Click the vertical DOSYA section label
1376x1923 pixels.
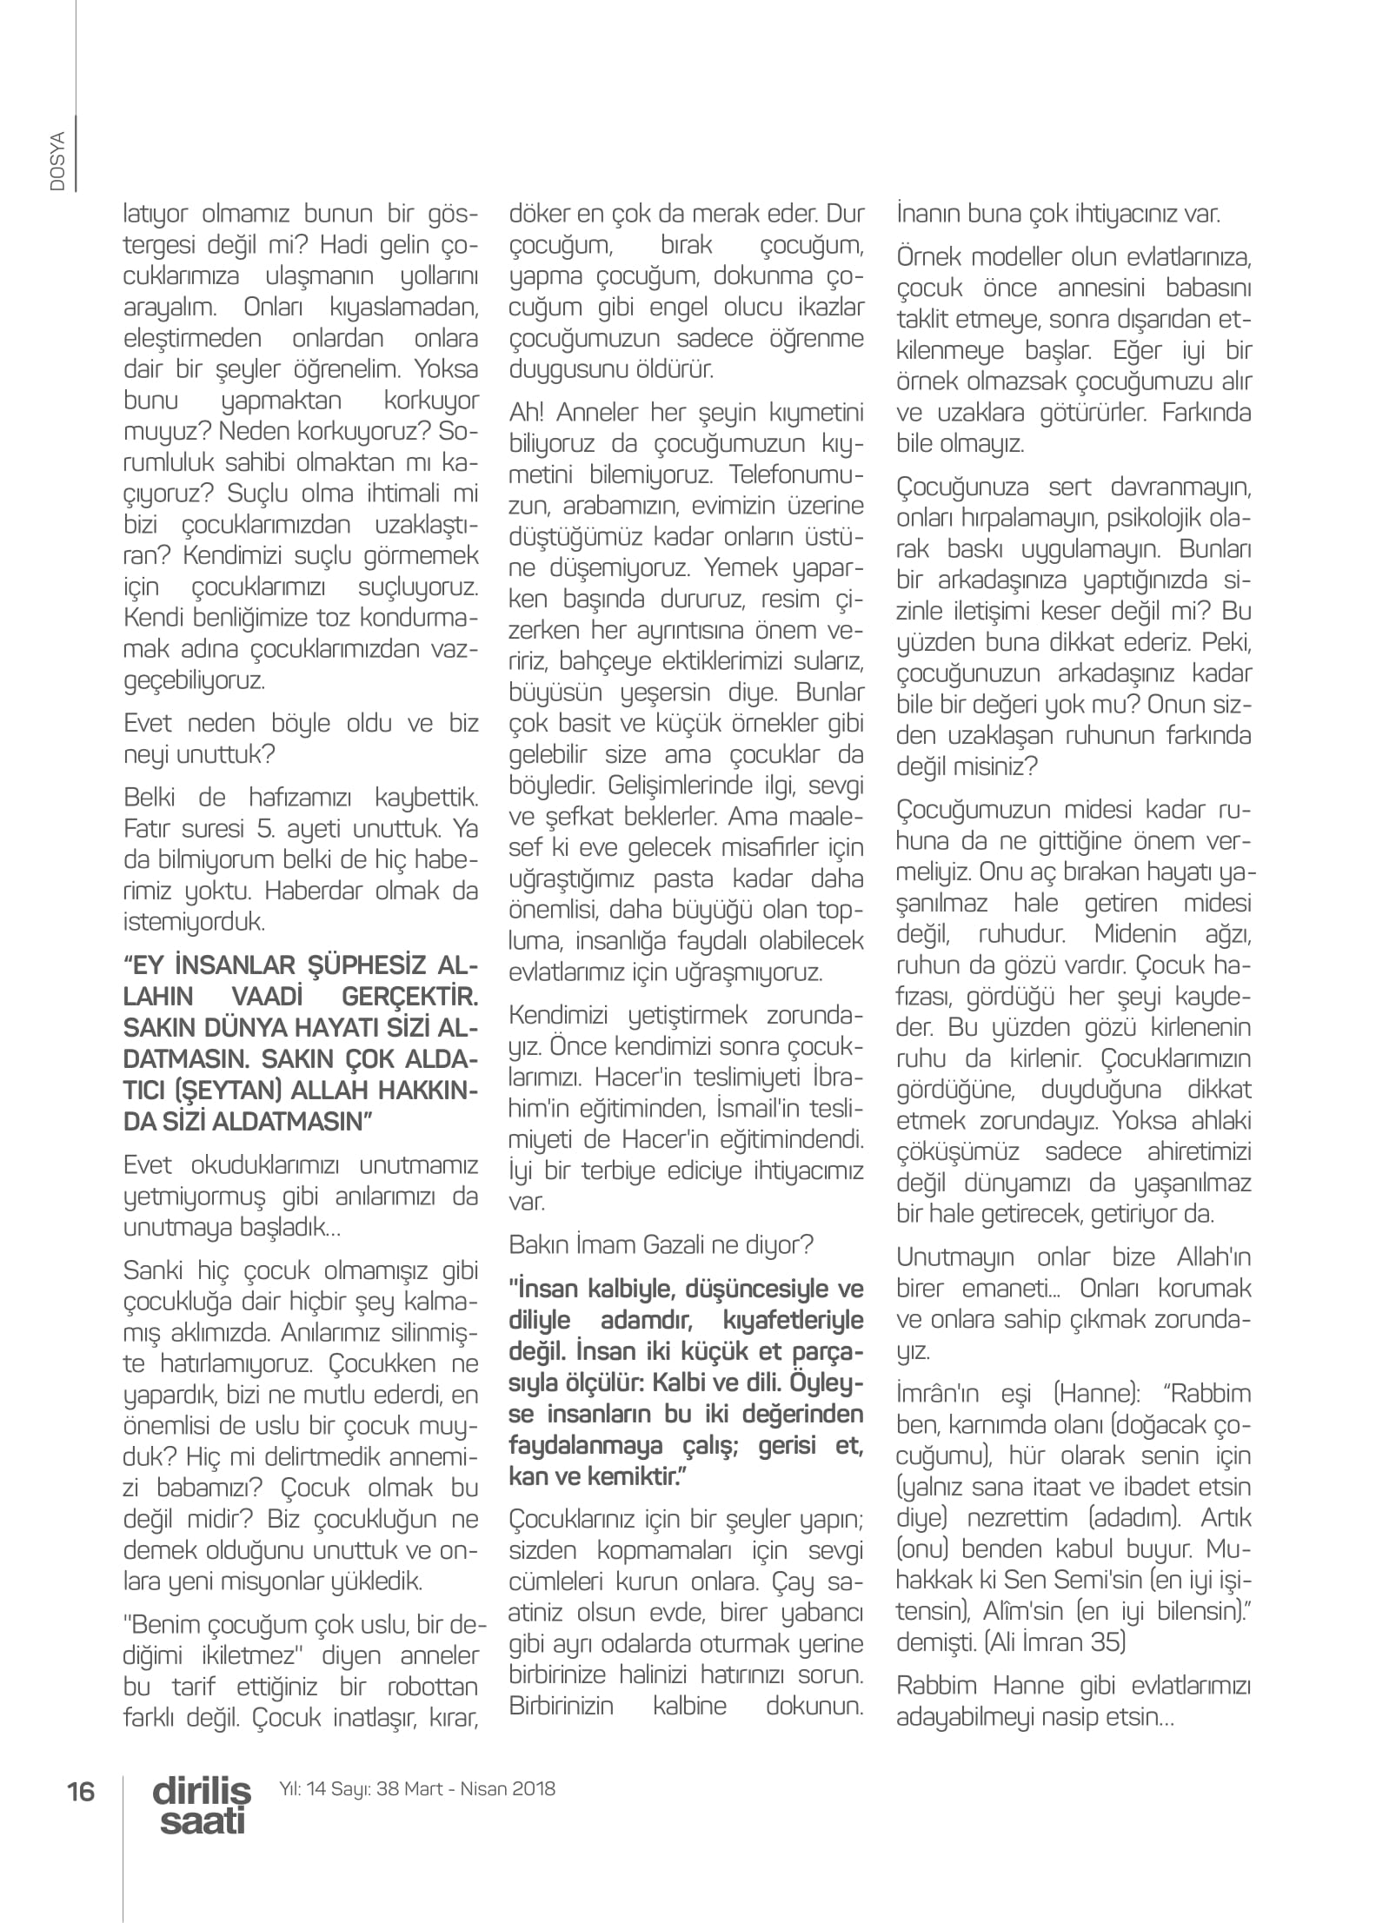click(58, 161)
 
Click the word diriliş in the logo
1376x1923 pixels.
click(201, 1789)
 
